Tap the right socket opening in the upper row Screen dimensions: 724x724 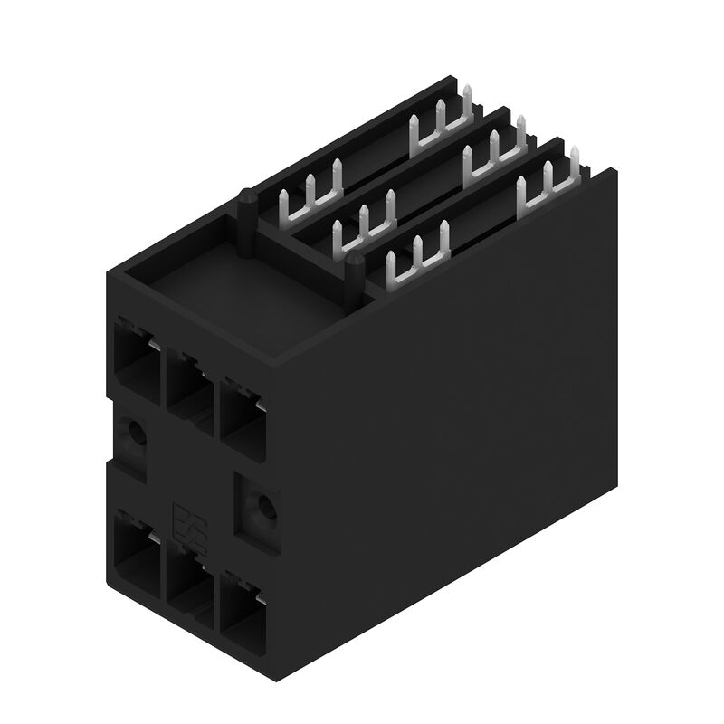click(240, 415)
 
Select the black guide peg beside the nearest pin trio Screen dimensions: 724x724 click(356, 275)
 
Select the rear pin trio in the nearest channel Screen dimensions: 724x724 click(548, 182)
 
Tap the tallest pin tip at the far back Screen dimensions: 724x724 click(469, 96)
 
